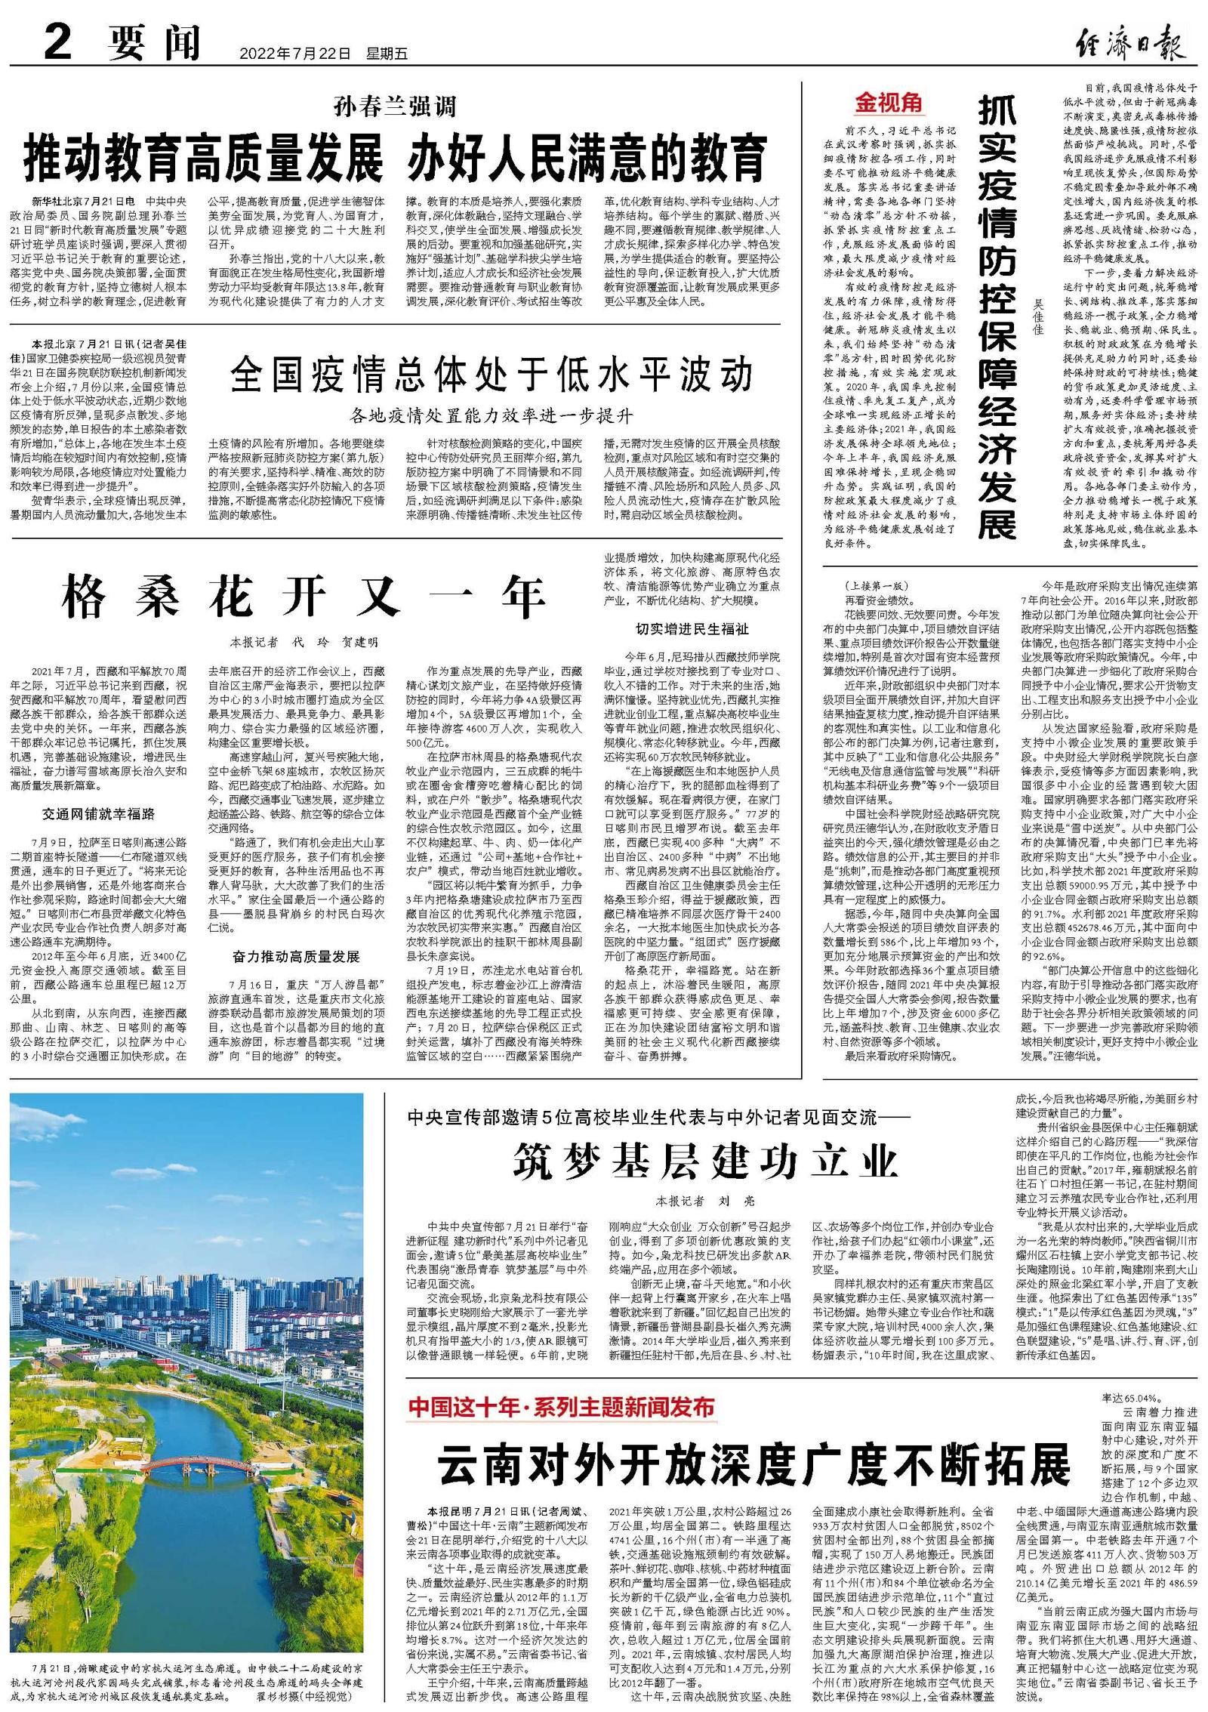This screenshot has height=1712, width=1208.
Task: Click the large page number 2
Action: click(x=57, y=42)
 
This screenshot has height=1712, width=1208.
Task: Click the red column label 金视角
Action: click(x=889, y=103)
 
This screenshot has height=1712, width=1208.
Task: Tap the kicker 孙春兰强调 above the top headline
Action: click(x=396, y=106)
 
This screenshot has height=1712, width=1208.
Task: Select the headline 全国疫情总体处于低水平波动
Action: click(x=492, y=375)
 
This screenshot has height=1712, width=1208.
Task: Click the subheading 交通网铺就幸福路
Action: click(x=98, y=814)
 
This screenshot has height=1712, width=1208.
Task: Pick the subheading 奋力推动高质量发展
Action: click(x=296, y=957)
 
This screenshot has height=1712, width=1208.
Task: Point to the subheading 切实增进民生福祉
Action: click(x=692, y=629)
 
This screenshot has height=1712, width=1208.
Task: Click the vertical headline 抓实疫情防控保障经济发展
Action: click(x=997, y=318)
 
